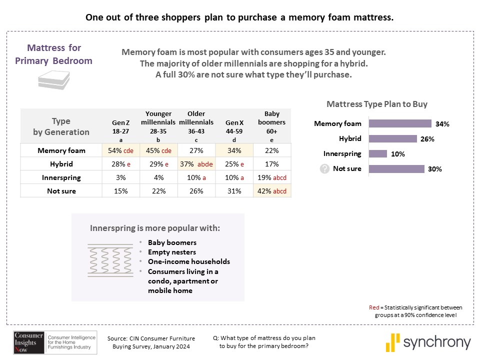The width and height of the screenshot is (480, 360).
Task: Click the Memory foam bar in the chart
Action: pos(400,123)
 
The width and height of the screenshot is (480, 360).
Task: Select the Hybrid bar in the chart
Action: pos(392,138)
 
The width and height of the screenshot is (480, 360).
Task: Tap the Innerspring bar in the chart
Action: pos(377,153)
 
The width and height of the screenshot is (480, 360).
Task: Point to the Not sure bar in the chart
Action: pos(396,168)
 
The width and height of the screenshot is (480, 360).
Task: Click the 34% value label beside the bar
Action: pos(442,124)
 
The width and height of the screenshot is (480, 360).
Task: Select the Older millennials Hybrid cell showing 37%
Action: pos(196,164)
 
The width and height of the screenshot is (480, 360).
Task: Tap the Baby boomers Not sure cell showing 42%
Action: pos(272,191)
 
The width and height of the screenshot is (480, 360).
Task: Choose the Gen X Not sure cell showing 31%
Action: pos(234,191)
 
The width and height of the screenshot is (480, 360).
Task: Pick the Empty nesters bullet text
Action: pos(172,252)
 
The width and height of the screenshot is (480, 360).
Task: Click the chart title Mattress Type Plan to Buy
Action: pos(377,104)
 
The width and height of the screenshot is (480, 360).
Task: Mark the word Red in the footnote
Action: pos(372,307)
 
